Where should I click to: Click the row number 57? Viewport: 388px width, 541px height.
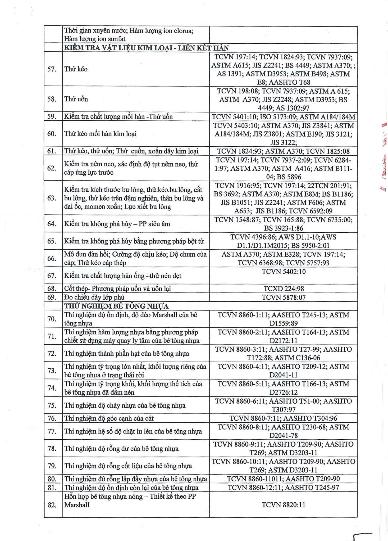(x=52, y=69)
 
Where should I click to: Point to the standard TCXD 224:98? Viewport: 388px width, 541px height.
(x=284, y=289)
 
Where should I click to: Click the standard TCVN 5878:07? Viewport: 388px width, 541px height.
(x=284, y=297)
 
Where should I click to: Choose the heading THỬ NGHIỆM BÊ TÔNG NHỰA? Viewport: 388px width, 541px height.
(x=116, y=306)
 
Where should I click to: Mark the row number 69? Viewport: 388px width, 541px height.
(x=52, y=297)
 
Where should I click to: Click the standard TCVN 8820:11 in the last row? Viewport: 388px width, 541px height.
(x=284, y=505)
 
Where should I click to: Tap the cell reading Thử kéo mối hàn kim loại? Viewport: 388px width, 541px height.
(x=101, y=134)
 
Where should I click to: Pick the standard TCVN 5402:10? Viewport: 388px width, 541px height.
(x=284, y=272)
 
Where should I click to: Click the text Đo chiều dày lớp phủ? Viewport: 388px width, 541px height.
(x=94, y=297)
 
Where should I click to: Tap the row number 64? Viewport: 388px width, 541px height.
(x=52, y=224)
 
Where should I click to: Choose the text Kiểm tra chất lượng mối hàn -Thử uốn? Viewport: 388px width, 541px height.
(x=118, y=117)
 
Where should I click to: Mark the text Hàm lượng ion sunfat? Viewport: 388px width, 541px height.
(x=95, y=39)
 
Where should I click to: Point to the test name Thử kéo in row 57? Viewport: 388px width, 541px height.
(x=76, y=69)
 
